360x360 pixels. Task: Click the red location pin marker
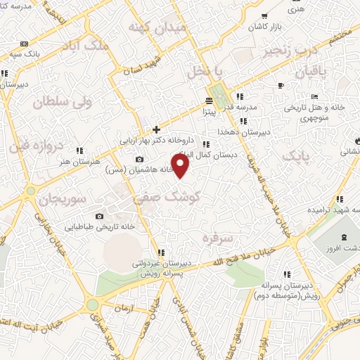181,166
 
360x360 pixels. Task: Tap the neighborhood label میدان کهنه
155,27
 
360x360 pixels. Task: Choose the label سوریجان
61,199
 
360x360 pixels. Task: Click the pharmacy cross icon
155,129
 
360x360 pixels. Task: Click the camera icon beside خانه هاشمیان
139,160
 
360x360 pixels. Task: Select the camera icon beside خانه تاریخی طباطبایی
99,216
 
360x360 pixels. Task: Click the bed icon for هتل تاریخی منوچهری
314,96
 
